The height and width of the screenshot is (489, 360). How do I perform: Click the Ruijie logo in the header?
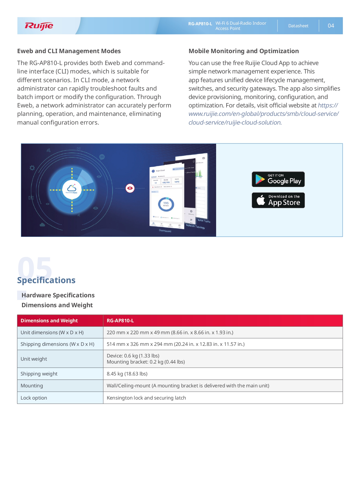pyautogui.click(x=39, y=26)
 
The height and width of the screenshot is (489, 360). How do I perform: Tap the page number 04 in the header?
pyautogui.click(x=331, y=26)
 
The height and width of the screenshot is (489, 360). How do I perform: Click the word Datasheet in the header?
pyautogui.click(x=298, y=26)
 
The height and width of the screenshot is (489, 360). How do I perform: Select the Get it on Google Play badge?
pyautogui.click(x=278, y=179)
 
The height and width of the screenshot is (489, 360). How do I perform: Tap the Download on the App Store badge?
pyautogui.click(x=278, y=200)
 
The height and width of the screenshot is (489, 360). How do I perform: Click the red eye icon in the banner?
pyautogui.click(x=130, y=188)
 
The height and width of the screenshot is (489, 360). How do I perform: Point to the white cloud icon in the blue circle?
pyautogui.click(x=72, y=189)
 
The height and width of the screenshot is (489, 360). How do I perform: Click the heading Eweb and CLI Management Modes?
pyautogui.click(x=69, y=51)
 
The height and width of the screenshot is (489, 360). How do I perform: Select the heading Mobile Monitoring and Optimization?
pyautogui.click(x=243, y=51)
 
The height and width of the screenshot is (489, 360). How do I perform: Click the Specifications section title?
pyautogui.click(x=46, y=280)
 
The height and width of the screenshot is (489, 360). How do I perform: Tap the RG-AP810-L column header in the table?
pyautogui.click(x=120, y=321)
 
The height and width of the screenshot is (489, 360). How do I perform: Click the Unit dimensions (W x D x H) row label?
pyautogui.click(x=52, y=332)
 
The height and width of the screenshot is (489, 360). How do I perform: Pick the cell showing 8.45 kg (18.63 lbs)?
pyautogui.click(x=127, y=374)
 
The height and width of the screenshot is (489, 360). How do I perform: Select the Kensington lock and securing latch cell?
pyautogui.click(x=146, y=398)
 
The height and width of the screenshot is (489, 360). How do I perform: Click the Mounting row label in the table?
pyautogui.click(x=32, y=386)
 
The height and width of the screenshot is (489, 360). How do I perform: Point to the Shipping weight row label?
pyautogui.click(x=39, y=374)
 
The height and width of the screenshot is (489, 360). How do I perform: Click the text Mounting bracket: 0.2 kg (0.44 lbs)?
pyautogui.click(x=146, y=362)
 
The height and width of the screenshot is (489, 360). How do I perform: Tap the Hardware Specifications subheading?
pyautogui.click(x=58, y=295)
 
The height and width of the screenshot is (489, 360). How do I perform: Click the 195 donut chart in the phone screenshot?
pyautogui.click(x=166, y=204)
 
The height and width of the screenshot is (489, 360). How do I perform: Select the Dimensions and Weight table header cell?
pyautogui.click(x=49, y=321)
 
